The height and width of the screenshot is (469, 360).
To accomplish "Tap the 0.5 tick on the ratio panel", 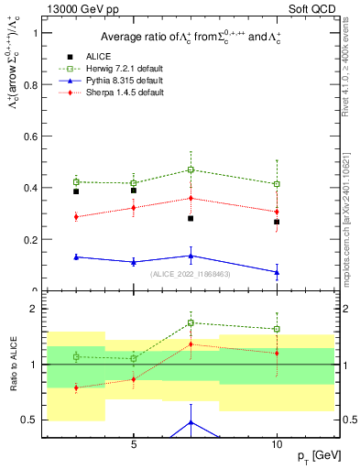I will tap(35, 420).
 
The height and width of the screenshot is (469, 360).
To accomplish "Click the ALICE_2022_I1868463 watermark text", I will tap(191, 274).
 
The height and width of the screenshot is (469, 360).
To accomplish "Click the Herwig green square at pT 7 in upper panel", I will tap(191, 169).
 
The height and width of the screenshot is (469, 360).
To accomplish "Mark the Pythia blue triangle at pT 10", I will tap(277, 272).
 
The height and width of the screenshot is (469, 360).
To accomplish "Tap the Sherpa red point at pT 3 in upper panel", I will tap(76, 217).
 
